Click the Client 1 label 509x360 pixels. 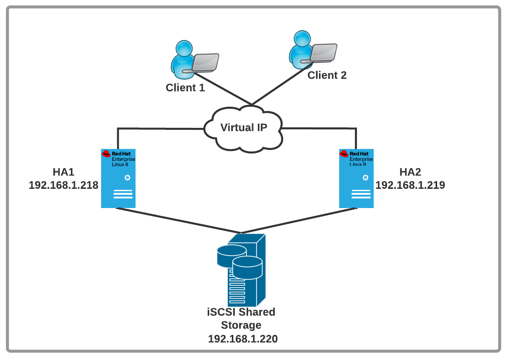coord(185,88)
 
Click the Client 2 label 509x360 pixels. coord(327,75)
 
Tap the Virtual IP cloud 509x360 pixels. coord(244,128)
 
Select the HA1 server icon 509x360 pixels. coord(118,178)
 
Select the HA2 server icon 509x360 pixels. coord(356,178)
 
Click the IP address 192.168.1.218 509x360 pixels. coord(64,185)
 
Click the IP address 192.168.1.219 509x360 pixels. coord(410,185)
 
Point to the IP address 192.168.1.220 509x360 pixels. coord(243,339)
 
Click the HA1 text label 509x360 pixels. coord(64,172)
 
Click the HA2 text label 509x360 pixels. coord(410,172)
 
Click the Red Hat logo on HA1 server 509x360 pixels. coord(106,154)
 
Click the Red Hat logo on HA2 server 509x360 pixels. coord(344,154)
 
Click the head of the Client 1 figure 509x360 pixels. coord(184,48)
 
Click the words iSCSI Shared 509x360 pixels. coord(241,312)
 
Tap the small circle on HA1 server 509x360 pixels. coord(127,178)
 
